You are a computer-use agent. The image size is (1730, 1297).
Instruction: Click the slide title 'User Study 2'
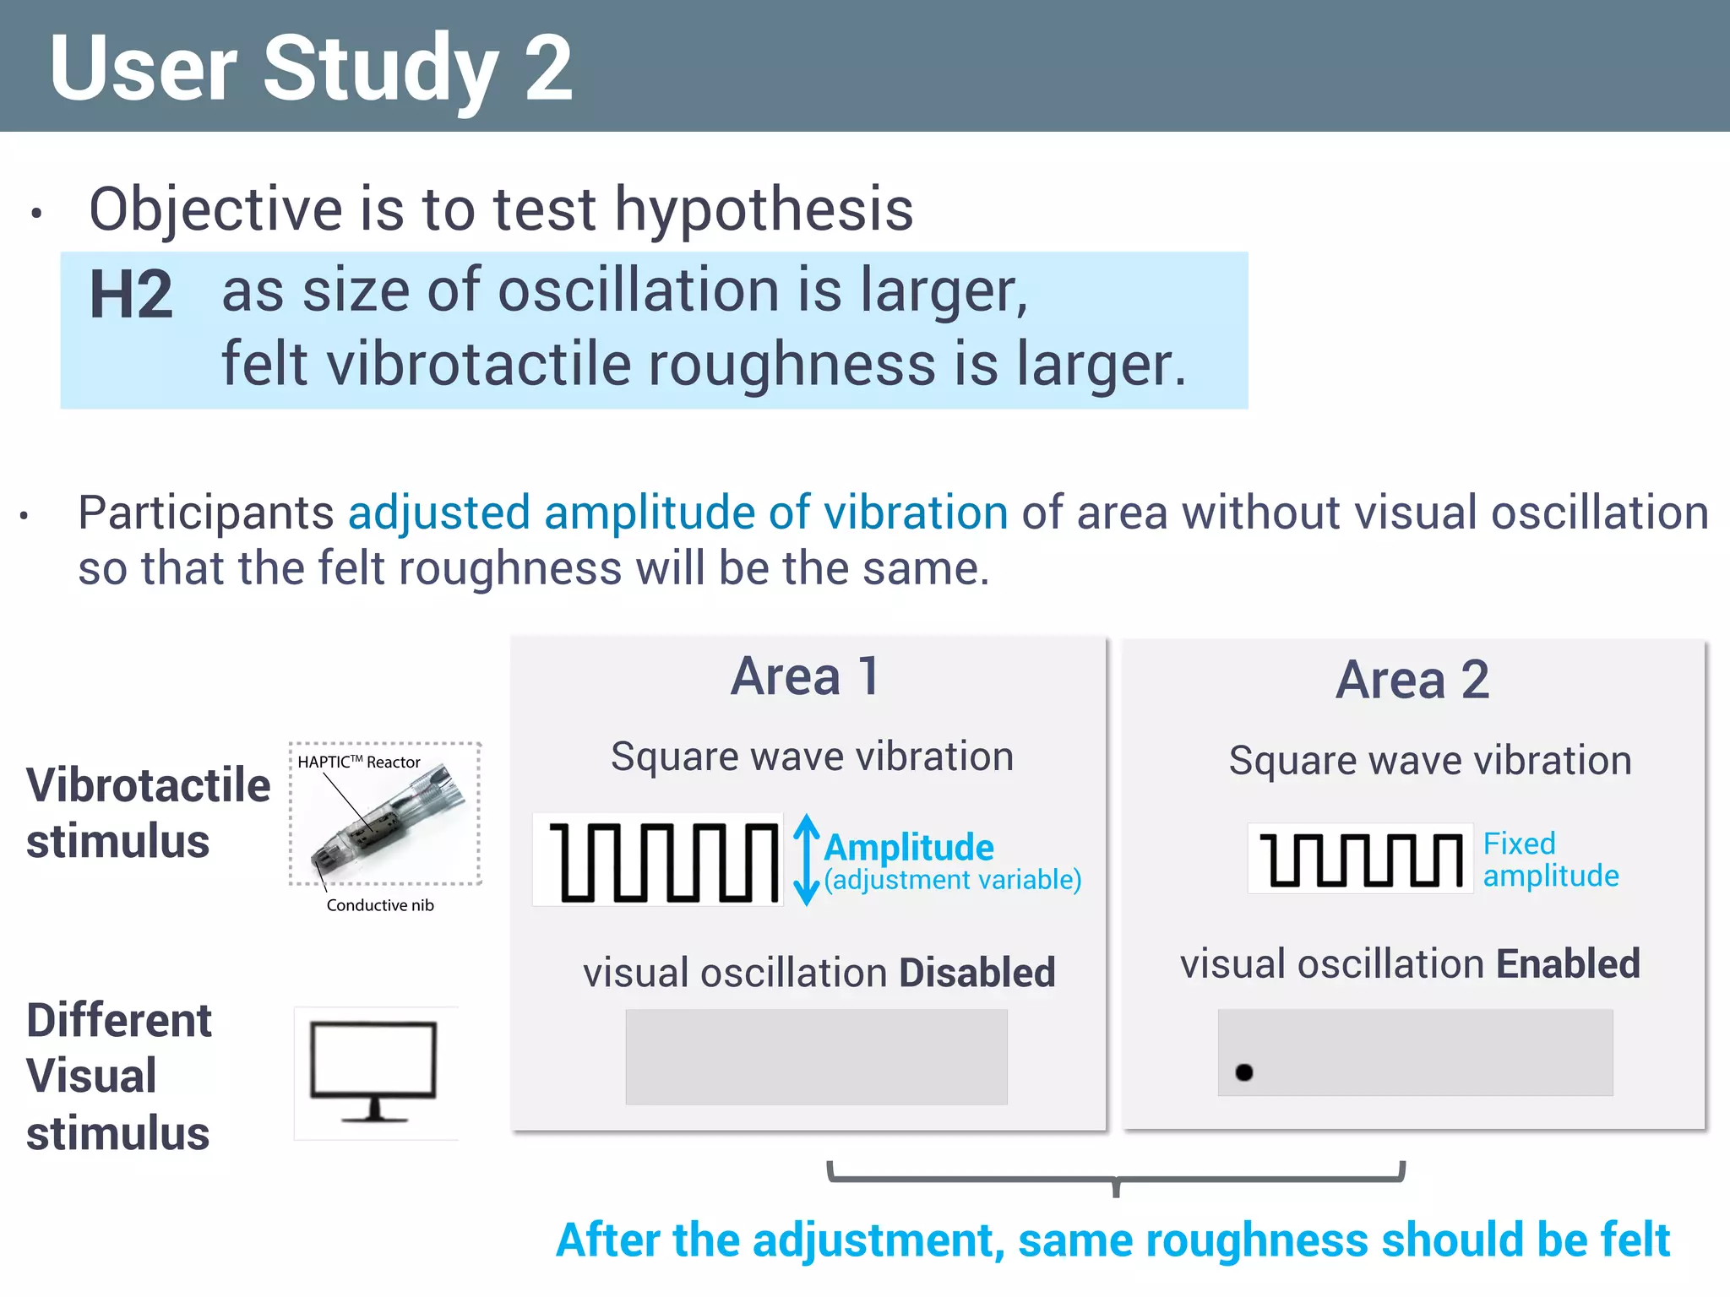point(311,68)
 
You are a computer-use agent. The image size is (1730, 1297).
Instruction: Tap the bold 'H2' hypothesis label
point(131,294)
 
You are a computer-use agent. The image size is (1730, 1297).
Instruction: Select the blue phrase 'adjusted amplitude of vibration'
point(677,513)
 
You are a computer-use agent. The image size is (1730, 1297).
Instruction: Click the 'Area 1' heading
point(806,676)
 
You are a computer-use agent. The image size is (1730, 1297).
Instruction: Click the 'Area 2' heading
point(1412,680)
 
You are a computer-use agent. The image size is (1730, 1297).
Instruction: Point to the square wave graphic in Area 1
point(659,860)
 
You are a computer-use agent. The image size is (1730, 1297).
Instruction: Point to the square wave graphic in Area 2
point(1360,859)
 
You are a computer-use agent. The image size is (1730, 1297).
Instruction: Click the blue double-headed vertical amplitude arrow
point(807,860)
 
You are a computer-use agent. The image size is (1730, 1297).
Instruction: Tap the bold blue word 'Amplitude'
point(909,847)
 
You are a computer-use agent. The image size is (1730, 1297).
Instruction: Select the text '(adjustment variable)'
point(953,880)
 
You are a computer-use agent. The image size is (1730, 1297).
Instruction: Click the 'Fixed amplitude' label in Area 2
point(1550,860)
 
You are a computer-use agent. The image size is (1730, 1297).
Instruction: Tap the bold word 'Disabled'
point(977,973)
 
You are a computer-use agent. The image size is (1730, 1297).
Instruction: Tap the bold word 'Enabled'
point(1568,964)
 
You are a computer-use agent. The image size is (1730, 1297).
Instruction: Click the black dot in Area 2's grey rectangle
point(1243,1072)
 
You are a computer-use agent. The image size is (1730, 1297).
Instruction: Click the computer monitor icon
point(374,1072)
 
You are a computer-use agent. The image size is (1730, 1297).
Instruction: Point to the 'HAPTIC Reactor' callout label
point(359,762)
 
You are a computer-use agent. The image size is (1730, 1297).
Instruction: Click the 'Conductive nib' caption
point(380,905)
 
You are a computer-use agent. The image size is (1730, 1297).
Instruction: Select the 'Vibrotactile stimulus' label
point(148,813)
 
